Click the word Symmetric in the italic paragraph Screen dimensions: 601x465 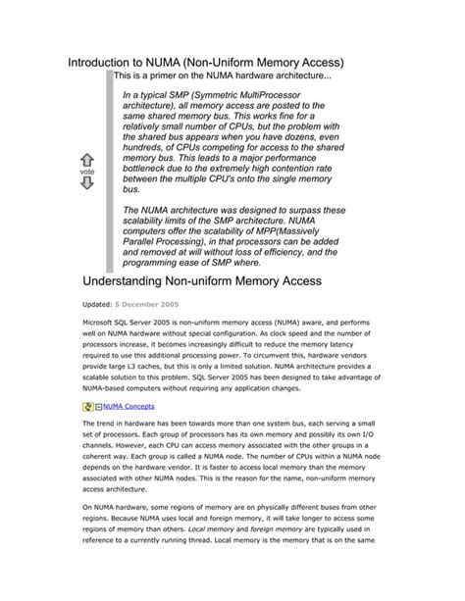tap(218, 95)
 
